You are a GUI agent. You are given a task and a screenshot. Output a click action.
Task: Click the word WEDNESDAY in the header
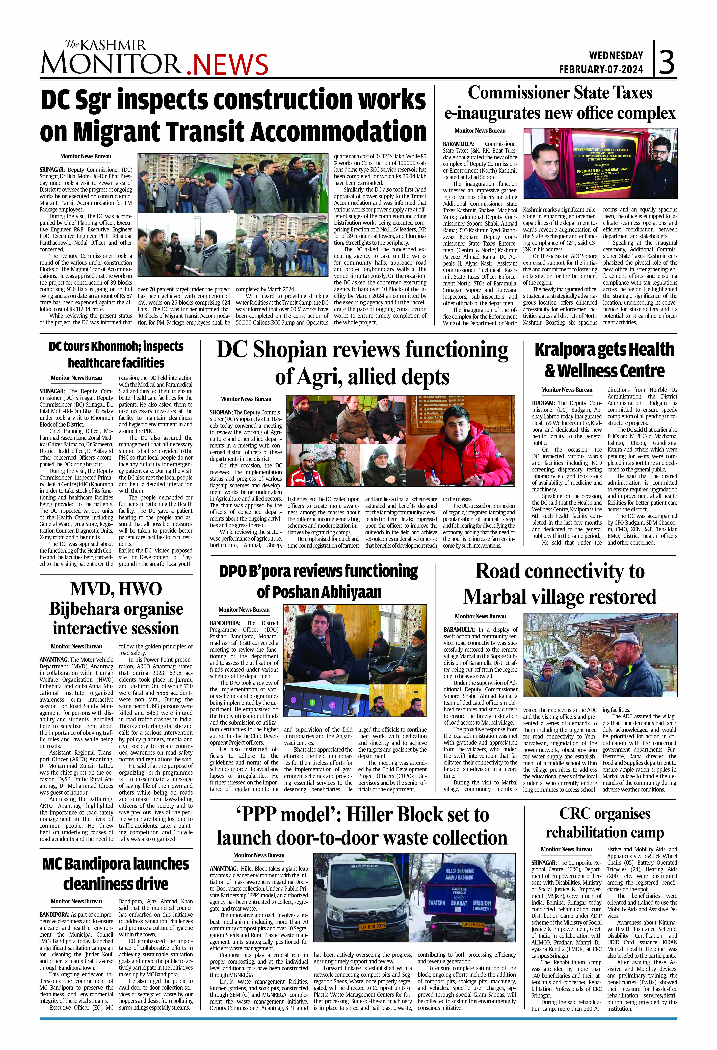(616, 56)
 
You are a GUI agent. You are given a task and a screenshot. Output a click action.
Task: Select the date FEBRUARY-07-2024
(601, 70)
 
